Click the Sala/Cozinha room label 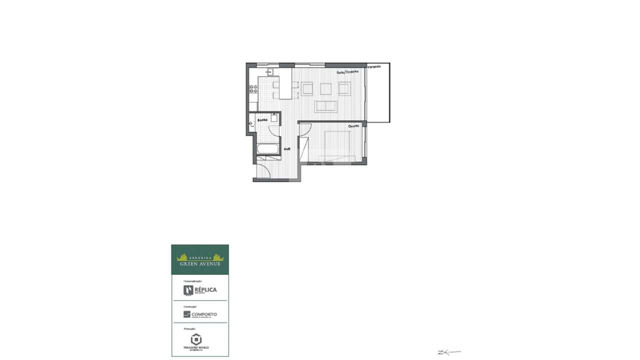click(x=347, y=72)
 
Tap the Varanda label click(x=374, y=66)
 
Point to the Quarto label click(x=353, y=126)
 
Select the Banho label click(x=262, y=120)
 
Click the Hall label click(x=287, y=149)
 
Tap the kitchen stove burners click(x=253, y=89)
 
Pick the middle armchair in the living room click(x=325, y=88)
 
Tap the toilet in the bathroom click(x=251, y=122)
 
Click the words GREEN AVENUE click(x=200, y=263)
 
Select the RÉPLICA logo click(x=200, y=290)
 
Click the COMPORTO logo click(x=200, y=314)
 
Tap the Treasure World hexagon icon click(x=196, y=338)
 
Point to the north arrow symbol click(x=448, y=352)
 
